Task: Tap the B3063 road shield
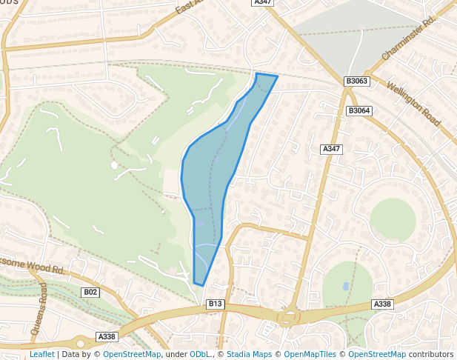click(356, 81)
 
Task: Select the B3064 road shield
click(358, 110)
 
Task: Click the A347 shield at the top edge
click(262, 2)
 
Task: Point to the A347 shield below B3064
click(332, 149)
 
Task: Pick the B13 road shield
click(216, 304)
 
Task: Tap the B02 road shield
click(90, 293)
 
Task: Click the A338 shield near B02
click(107, 336)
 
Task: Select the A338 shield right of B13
click(382, 304)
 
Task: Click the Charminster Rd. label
click(407, 40)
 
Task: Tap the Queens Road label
click(39, 308)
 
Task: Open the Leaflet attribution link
click(42, 354)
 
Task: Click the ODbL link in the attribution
click(200, 354)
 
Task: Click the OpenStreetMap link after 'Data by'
click(132, 354)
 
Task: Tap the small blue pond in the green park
click(346, 285)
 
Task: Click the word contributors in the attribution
click(431, 354)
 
